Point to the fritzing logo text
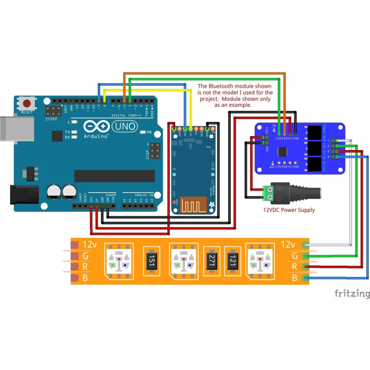352,294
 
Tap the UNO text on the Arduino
124,126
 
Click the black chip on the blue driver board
282,152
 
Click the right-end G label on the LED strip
294,255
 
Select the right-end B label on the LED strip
294,278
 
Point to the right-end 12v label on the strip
288,244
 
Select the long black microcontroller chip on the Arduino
114,176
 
